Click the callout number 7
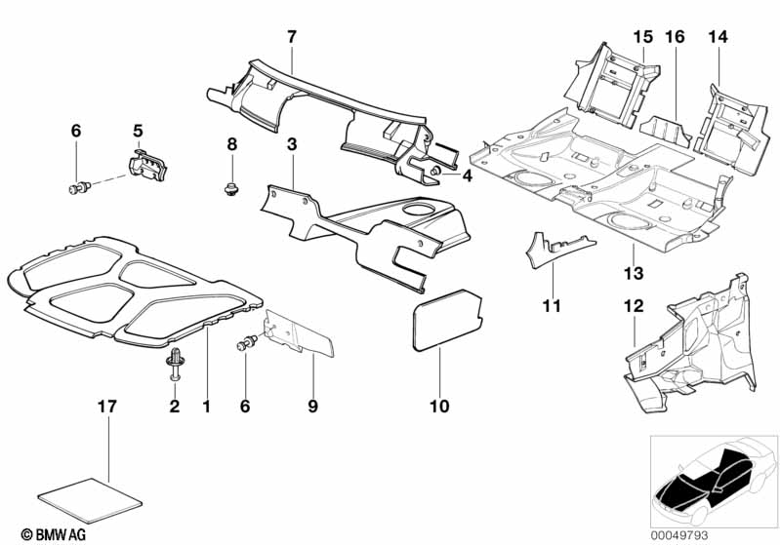point(291,37)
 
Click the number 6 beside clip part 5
point(75,130)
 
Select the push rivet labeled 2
point(176,363)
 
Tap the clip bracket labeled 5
point(149,165)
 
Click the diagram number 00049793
point(732,534)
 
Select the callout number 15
point(641,37)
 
